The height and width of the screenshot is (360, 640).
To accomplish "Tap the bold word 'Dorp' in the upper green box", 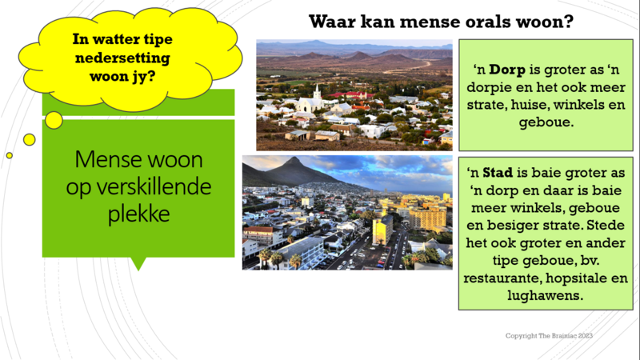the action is click(x=507, y=70).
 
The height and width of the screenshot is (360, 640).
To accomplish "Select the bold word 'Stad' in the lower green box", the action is click(x=498, y=173).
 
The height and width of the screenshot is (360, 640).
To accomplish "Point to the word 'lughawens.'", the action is click(x=546, y=295).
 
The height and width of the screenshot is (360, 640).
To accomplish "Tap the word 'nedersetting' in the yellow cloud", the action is click(x=122, y=58).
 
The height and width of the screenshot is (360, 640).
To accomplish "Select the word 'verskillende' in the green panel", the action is click(x=138, y=186).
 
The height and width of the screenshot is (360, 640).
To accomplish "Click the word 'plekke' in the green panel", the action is click(x=138, y=214).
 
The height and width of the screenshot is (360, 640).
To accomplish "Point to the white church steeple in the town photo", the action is click(x=317, y=92).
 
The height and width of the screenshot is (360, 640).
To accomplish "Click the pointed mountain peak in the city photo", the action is click(x=293, y=159).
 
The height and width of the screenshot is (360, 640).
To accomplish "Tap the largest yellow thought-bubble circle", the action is click(x=54, y=121).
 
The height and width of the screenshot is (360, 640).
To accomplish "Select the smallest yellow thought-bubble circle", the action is click(x=10, y=155).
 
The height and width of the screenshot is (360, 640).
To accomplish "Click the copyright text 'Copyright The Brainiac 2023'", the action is click(x=549, y=335).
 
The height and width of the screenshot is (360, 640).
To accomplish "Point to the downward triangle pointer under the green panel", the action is click(x=138, y=263).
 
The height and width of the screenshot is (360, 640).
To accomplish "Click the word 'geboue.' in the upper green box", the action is click(x=546, y=122).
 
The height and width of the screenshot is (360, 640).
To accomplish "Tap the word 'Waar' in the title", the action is click(x=332, y=22).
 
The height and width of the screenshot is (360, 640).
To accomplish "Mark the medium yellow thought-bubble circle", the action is click(x=30, y=139).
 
